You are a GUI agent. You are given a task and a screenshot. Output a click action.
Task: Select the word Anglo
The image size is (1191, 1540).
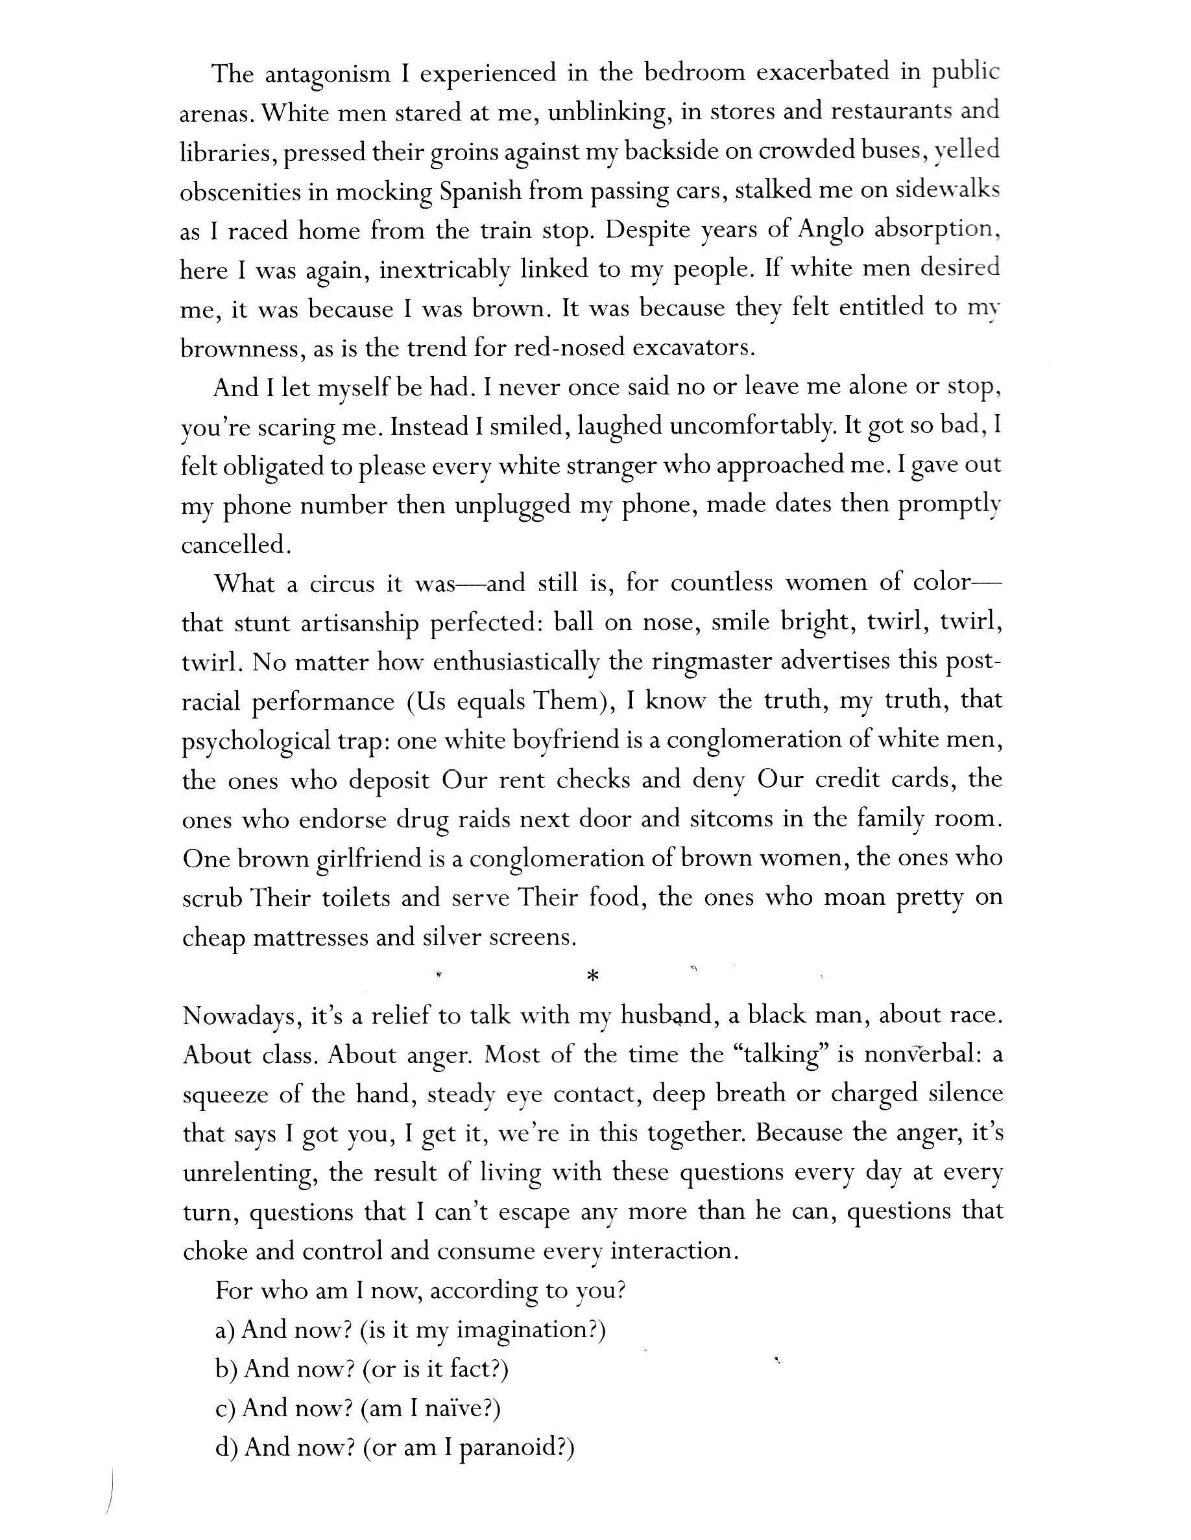[x=831, y=230]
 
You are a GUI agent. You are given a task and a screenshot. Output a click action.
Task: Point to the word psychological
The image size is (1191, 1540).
[x=256, y=741]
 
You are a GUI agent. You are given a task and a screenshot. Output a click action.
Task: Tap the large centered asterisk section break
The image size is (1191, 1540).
[x=593, y=977]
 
